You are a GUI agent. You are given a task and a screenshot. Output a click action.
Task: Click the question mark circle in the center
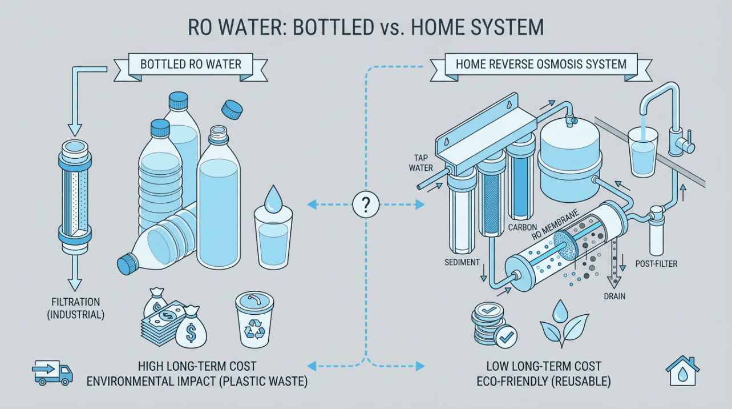point(366,205)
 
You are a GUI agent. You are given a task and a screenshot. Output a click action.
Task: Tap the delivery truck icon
point(52,372)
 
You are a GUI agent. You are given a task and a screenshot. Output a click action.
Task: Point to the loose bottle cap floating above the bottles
point(232,110)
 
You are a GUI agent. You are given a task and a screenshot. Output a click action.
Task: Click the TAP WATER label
point(421,163)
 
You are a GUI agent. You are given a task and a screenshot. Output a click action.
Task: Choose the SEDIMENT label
point(462,262)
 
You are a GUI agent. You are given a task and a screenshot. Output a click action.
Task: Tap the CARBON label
point(523,227)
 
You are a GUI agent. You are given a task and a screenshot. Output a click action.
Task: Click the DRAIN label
point(614,296)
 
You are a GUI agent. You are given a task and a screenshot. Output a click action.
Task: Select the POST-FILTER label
point(656,264)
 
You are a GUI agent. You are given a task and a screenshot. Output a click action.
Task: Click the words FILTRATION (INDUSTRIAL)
point(76,308)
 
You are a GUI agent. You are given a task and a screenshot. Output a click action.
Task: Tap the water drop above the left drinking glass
point(272,199)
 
